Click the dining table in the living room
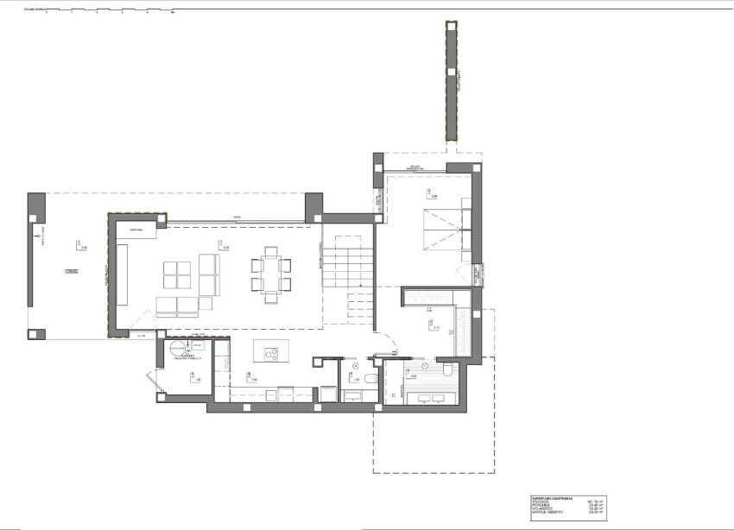click(271, 274)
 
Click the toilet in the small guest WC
click(370, 379)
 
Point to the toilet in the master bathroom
click(448, 369)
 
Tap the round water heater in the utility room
click(176, 348)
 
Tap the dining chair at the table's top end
click(271, 251)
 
